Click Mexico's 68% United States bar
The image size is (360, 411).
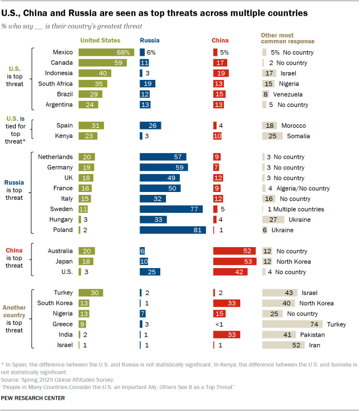[105, 52]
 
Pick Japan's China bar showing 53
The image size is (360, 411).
[236, 261]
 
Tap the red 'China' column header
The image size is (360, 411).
[220, 40]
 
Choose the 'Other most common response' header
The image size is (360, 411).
[287, 38]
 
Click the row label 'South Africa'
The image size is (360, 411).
[55, 83]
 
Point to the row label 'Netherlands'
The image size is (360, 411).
[55, 157]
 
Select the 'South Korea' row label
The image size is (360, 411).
[55, 303]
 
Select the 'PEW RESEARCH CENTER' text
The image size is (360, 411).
[33, 398]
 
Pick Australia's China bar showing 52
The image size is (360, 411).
[236, 251]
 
